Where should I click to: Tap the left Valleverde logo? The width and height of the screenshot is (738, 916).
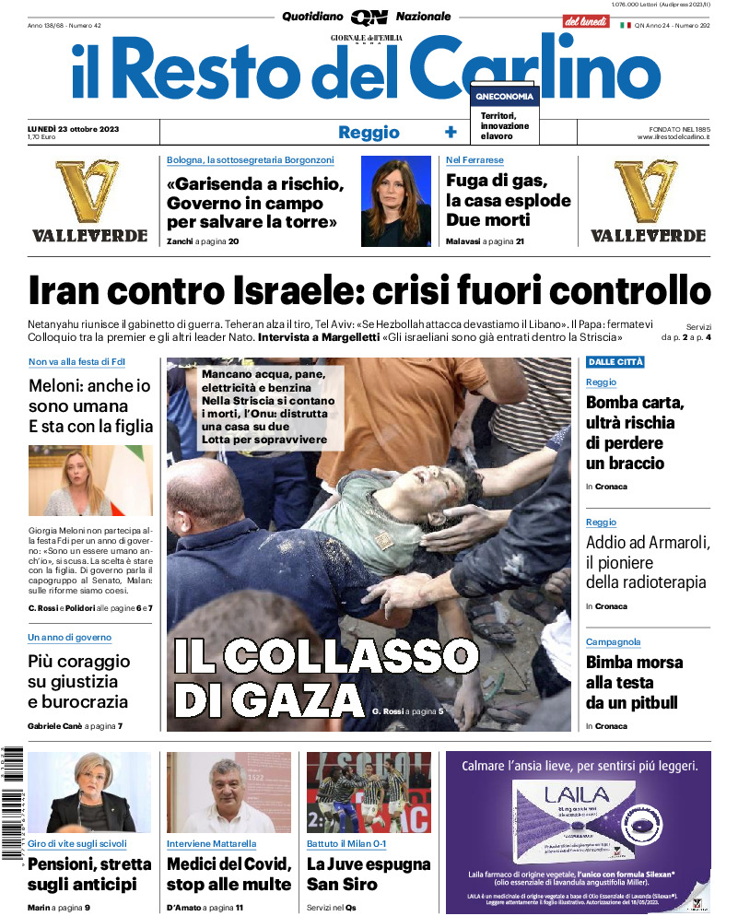coord(89,201)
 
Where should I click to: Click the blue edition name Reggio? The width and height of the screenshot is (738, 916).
coord(369,132)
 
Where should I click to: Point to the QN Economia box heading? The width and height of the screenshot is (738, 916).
coord(504,96)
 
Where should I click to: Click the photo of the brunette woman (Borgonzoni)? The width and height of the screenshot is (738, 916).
coord(395,200)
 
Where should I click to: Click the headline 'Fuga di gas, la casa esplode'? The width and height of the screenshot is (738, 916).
coord(508,200)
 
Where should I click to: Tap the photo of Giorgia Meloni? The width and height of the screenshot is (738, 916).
coord(90,481)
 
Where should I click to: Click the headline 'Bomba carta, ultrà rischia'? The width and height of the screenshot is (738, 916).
coord(636,432)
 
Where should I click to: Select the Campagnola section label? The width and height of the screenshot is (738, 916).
coord(613,642)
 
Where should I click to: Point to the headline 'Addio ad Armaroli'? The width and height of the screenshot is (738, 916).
coord(646,562)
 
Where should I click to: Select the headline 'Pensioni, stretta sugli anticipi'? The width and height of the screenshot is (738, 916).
coord(89,874)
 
